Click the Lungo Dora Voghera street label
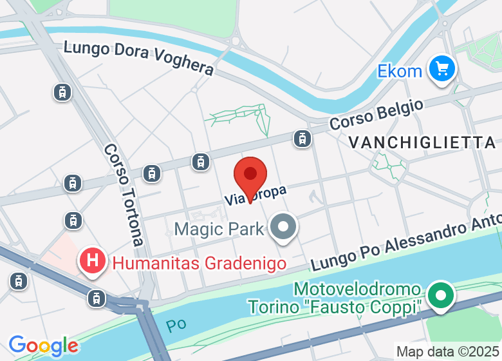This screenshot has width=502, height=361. [138, 57]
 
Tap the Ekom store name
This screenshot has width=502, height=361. [400, 70]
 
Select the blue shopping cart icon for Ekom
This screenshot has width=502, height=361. [442, 68]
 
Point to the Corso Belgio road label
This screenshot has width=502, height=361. [376, 114]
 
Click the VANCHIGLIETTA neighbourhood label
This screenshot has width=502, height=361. [422, 142]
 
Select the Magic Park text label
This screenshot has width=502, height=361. [219, 229]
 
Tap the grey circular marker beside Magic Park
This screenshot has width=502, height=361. [283, 228]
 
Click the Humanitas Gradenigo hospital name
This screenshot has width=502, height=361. [200, 262]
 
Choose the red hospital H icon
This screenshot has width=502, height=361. [93, 262]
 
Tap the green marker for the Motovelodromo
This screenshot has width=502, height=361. [441, 297]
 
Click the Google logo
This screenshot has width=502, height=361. [43, 346]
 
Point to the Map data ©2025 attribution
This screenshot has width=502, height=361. [447, 352]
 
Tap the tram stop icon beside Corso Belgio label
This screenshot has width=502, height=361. [301, 137]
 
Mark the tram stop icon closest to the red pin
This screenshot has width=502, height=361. [201, 161]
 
